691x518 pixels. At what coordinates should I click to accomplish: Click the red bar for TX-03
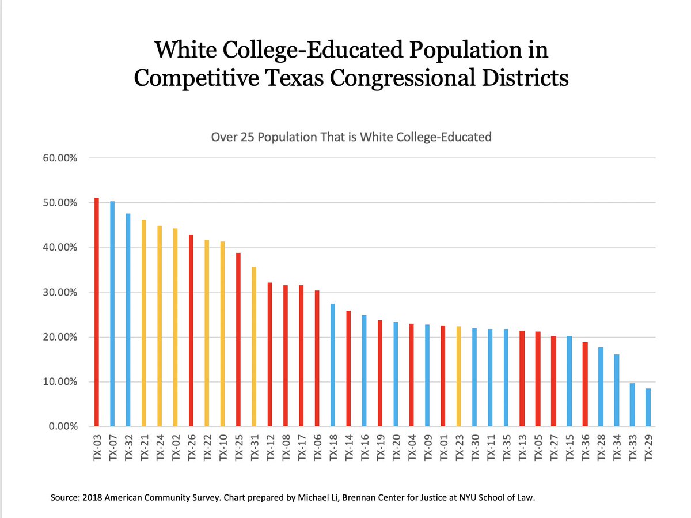tap(97, 312)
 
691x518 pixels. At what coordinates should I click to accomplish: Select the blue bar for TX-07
tap(112, 313)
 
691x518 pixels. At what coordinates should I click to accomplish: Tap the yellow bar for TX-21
tap(144, 323)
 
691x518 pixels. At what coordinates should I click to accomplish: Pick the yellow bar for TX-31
tap(254, 346)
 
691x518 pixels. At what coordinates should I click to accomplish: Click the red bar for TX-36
tap(585, 384)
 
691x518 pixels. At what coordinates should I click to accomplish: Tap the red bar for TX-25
tap(238, 339)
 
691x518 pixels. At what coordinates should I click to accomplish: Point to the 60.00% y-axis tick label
tap(60, 158)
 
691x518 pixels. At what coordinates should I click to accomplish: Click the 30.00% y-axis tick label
tap(60, 293)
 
